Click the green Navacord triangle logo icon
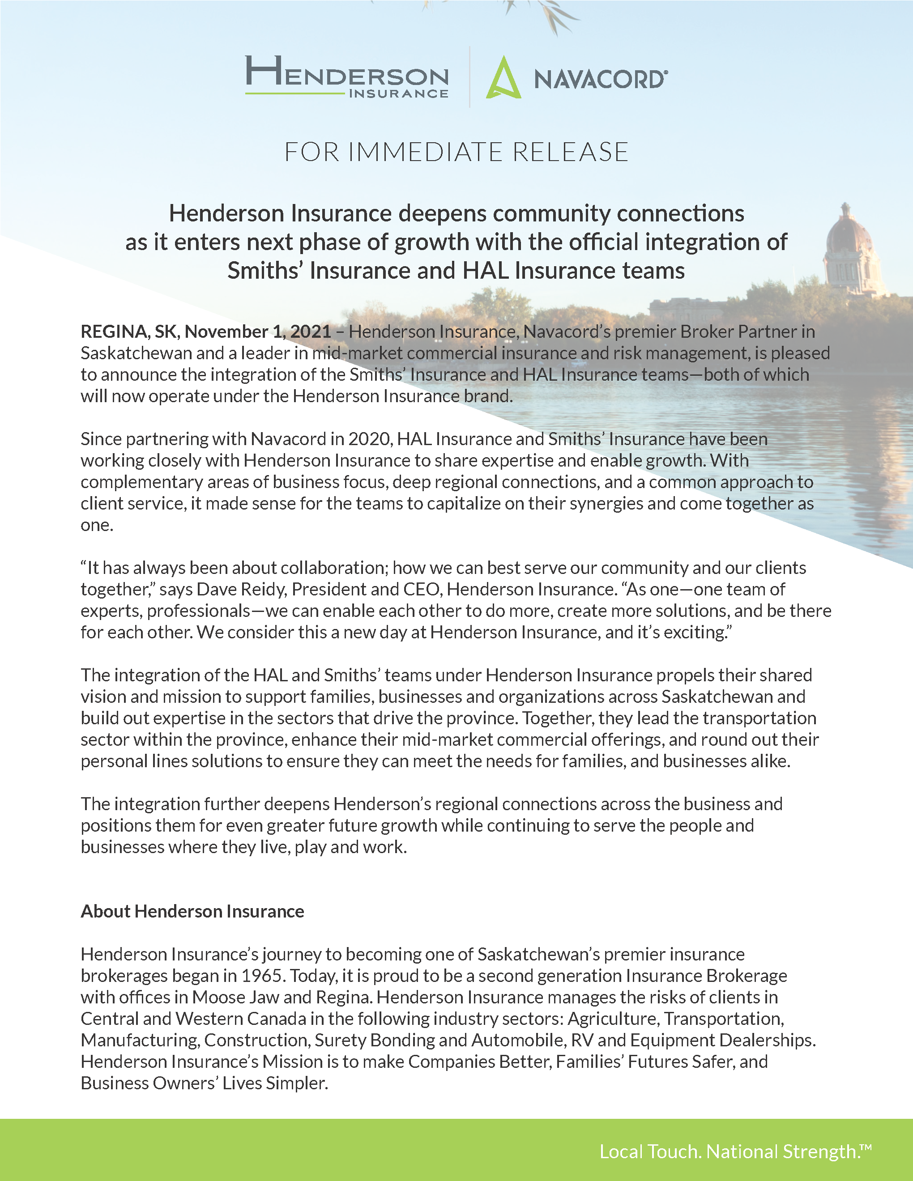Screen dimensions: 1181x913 [x=503, y=78]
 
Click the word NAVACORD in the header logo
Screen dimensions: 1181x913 [x=599, y=80]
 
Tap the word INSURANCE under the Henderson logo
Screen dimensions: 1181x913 [x=399, y=93]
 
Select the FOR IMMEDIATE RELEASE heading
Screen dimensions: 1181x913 [x=456, y=152]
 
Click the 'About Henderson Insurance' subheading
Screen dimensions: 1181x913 [x=192, y=911]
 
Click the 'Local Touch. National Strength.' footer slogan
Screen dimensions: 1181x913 [x=731, y=1151]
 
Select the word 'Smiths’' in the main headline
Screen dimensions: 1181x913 [x=265, y=270]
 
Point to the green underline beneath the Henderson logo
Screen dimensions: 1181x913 [x=295, y=93]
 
